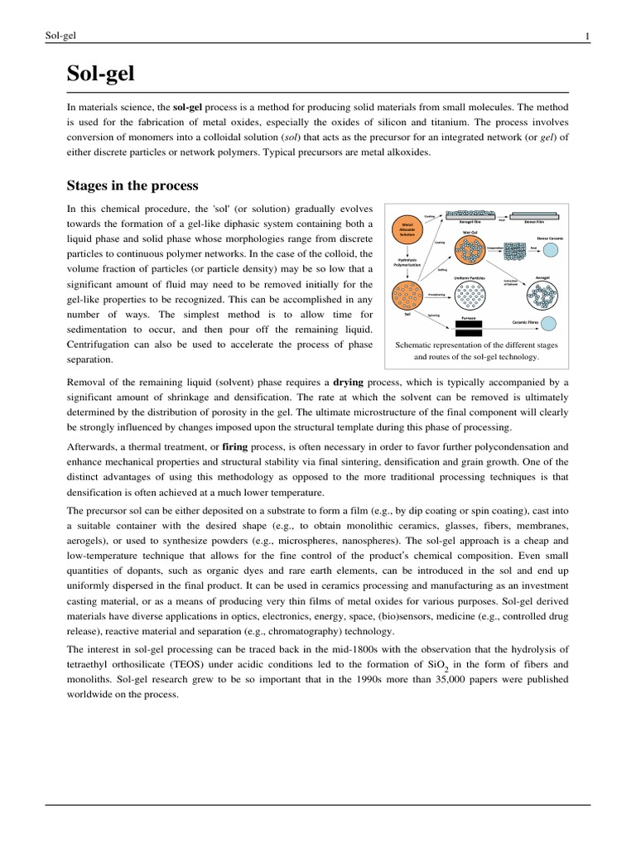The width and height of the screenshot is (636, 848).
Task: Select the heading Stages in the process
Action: (x=132, y=185)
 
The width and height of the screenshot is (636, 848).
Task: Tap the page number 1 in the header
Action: (x=586, y=36)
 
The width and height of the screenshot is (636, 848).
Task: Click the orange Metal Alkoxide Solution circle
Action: (x=407, y=227)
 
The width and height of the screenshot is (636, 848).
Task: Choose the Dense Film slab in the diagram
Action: (x=542, y=213)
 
